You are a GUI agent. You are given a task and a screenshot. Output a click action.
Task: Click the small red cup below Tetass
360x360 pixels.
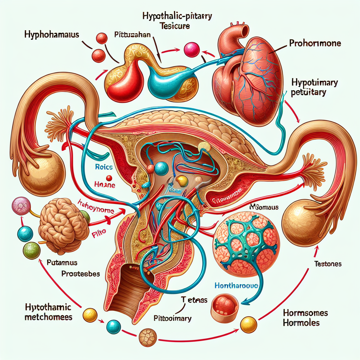(x=224, y=307)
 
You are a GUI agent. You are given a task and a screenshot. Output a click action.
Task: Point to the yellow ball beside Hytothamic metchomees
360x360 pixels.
(x=90, y=314)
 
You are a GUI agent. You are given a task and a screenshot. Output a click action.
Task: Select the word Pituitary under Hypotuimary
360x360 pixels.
(x=309, y=93)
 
